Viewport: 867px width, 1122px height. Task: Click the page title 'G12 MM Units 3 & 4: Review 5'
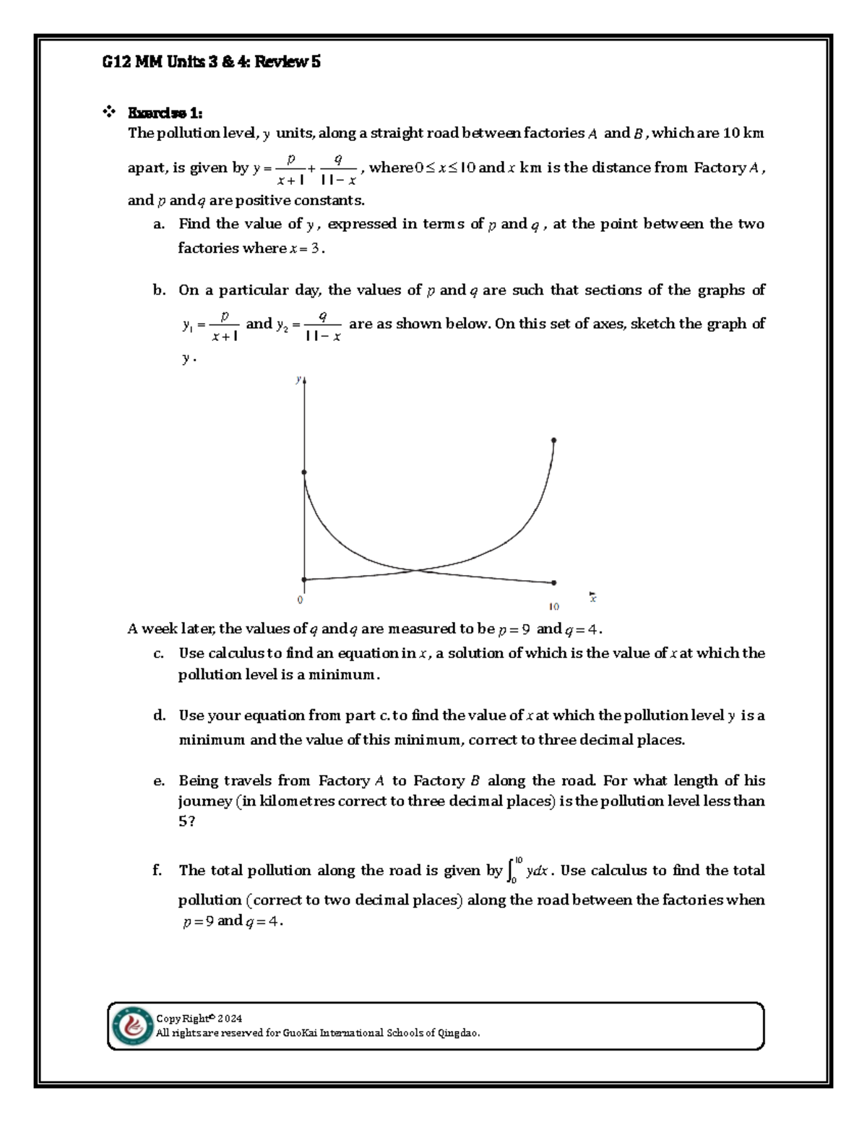click(x=210, y=62)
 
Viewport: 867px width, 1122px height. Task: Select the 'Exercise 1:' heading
click(x=165, y=113)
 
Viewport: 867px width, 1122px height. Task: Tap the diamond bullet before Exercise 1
click(x=110, y=112)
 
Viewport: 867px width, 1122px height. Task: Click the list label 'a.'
click(x=159, y=225)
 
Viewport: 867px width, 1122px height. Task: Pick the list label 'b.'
click(x=159, y=290)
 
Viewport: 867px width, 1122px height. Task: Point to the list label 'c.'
click(x=159, y=654)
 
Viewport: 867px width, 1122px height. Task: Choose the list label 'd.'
click(x=159, y=716)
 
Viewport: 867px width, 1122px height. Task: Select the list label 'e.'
click(x=159, y=781)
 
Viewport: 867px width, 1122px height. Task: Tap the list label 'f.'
click(x=158, y=871)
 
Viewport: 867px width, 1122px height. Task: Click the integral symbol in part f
click(x=512, y=871)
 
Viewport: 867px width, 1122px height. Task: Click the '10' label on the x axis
click(x=554, y=607)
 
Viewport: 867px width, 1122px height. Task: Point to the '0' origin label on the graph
click(x=300, y=600)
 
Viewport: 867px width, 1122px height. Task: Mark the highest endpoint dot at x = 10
click(x=554, y=440)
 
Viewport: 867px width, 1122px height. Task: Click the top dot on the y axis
click(x=304, y=472)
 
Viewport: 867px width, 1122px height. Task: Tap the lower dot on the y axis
click(x=304, y=579)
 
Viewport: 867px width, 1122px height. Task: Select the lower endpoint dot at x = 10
click(x=554, y=582)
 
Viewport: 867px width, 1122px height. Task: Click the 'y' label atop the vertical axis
click(x=298, y=379)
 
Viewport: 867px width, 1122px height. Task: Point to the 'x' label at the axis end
click(x=592, y=597)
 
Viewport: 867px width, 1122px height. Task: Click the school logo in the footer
click(x=131, y=1026)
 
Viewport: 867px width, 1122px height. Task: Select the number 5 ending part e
click(x=182, y=822)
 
